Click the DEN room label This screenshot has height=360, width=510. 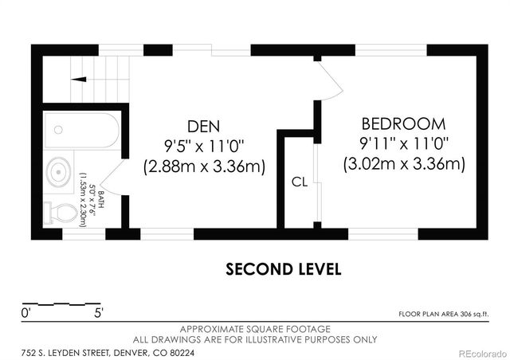tap(204, 127)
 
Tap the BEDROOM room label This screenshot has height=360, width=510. tap(404, 124)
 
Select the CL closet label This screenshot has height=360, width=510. tap(300, 182)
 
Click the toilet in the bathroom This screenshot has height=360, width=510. tap(61, 213)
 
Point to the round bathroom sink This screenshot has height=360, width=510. tap(58, 171)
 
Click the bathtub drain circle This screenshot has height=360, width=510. tap(58, 130)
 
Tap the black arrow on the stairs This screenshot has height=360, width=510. tap(79, 79)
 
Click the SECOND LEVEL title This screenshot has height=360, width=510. tap(284, 269)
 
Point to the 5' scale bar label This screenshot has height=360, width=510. tap(99, 314)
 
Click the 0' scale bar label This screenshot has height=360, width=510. tap(25, 314)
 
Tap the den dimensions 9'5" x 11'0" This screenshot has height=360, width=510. tap(204, 147)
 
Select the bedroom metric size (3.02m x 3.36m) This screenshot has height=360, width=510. tap(404, 164)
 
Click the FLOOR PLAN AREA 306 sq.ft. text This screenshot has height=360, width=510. tap(444, 314)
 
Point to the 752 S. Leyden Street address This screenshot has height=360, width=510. tap(108, 353)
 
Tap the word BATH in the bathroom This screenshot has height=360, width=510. tap(101, 200)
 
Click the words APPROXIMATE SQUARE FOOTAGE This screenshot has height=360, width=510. tap(255, 329)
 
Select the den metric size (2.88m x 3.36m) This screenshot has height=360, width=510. tap(204, 166)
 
